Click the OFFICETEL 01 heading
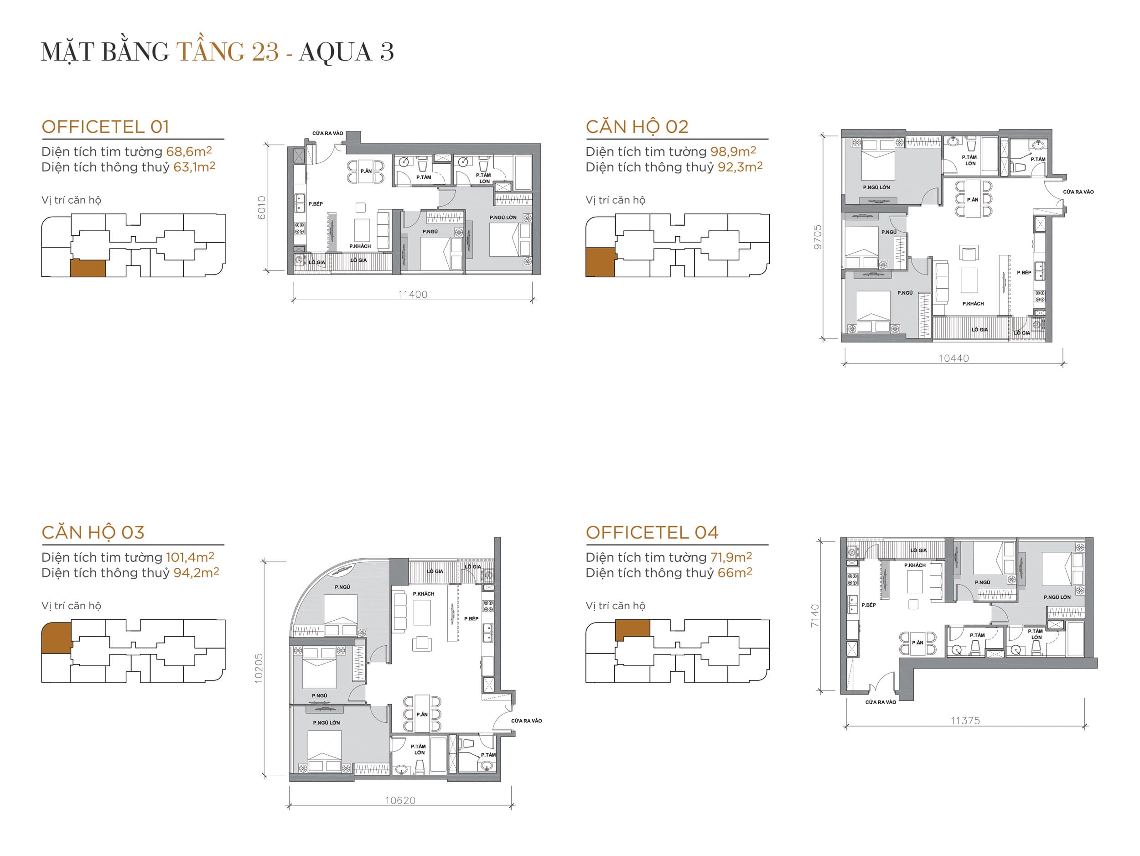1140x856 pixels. click(105, 127)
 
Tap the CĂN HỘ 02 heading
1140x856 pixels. click(637, 127)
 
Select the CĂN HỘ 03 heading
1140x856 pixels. click(93, 532)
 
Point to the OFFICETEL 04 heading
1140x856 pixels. click(652, 532)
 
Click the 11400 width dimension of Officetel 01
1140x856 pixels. click(413, 294)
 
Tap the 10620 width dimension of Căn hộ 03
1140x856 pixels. click(400, 800)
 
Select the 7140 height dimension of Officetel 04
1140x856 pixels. click(815, 615)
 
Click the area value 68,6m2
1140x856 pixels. click(189, 151)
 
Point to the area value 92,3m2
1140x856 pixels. click(740, 167)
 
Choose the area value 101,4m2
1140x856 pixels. click(190, 557)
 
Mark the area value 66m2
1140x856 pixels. click(735, 572)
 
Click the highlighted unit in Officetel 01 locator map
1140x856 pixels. click(88, 268)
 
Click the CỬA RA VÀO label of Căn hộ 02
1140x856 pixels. click(1078, 192)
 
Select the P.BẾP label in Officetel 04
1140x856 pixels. click(868, 605)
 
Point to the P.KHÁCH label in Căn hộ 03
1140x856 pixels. click(423, 594)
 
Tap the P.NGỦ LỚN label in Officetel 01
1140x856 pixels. click(503, 218)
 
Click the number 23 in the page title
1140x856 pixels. click(265, 52)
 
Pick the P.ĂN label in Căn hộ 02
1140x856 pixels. click(973, 199)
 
